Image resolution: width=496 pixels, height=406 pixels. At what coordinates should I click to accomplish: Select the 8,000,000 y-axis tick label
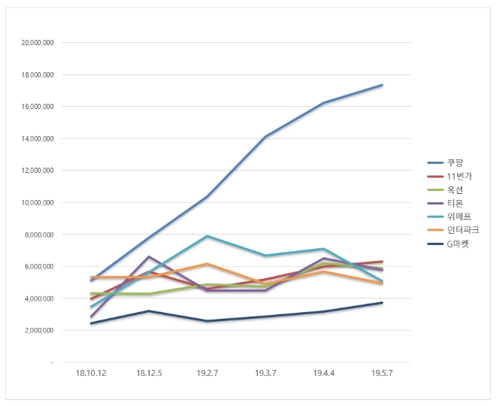point(39,235)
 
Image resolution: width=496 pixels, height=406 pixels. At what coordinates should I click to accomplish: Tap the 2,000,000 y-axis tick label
point(39,330)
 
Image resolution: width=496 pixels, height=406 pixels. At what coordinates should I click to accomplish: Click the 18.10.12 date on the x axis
point(91,372)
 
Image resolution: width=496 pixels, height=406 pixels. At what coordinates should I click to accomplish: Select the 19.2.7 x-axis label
point(207,372)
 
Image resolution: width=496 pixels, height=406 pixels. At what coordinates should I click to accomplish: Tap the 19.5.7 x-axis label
point(382,372)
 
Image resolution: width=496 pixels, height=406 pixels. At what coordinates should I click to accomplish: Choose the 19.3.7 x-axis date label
point(265,372)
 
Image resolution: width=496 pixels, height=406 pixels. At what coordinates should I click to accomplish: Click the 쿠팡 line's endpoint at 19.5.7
point(382,85)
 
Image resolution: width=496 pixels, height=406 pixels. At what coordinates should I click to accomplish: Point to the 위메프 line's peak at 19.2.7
point(207,236)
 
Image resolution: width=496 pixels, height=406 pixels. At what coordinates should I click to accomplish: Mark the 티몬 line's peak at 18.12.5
point(149,256)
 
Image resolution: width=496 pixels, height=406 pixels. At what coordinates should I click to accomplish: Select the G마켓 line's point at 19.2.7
point(207,321)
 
